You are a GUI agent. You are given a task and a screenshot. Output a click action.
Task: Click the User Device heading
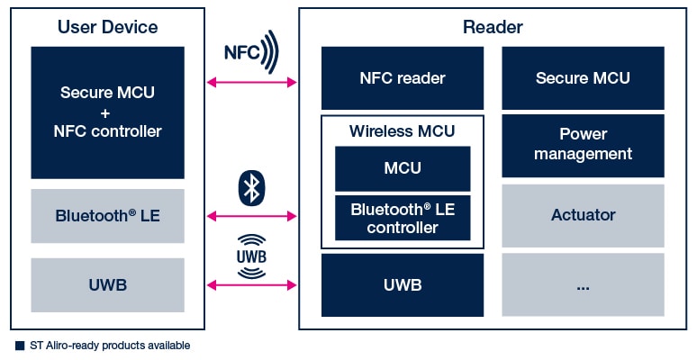click(107, 27)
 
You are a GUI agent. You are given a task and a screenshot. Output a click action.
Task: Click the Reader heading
click(493, 27)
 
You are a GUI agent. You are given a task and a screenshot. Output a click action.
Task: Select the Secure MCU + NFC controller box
click(107, 112)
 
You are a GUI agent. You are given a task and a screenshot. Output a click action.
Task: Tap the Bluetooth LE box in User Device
click(107, 216)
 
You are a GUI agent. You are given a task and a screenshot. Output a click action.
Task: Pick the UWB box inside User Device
click(107, 285)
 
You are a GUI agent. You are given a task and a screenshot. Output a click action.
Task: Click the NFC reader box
click(402, 78)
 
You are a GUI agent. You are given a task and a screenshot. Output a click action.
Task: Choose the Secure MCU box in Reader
click(583, 78)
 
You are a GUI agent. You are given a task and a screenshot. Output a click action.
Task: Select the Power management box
click(583, 144)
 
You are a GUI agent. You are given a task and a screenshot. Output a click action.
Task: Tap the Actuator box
click(583, 215)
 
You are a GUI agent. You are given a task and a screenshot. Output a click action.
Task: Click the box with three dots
click(583, 285)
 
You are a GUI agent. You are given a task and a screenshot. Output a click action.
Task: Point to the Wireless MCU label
click(402, 131)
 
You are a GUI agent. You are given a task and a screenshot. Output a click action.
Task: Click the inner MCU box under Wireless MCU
click(402, 168)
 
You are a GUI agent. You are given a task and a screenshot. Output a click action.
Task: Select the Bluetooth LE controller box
click(402, 219)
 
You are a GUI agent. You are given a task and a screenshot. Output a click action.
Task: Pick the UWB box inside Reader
click(402, 285)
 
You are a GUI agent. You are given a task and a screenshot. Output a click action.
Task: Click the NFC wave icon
click(251, 51)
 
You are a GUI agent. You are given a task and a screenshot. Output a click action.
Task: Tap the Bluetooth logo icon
click(251, 187)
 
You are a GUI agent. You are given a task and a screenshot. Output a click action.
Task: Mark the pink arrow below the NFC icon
click(252, 83)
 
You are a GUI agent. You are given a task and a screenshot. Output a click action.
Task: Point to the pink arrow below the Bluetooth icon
click(252, 216)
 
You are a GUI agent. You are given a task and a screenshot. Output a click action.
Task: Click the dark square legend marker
click(19, 346)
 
